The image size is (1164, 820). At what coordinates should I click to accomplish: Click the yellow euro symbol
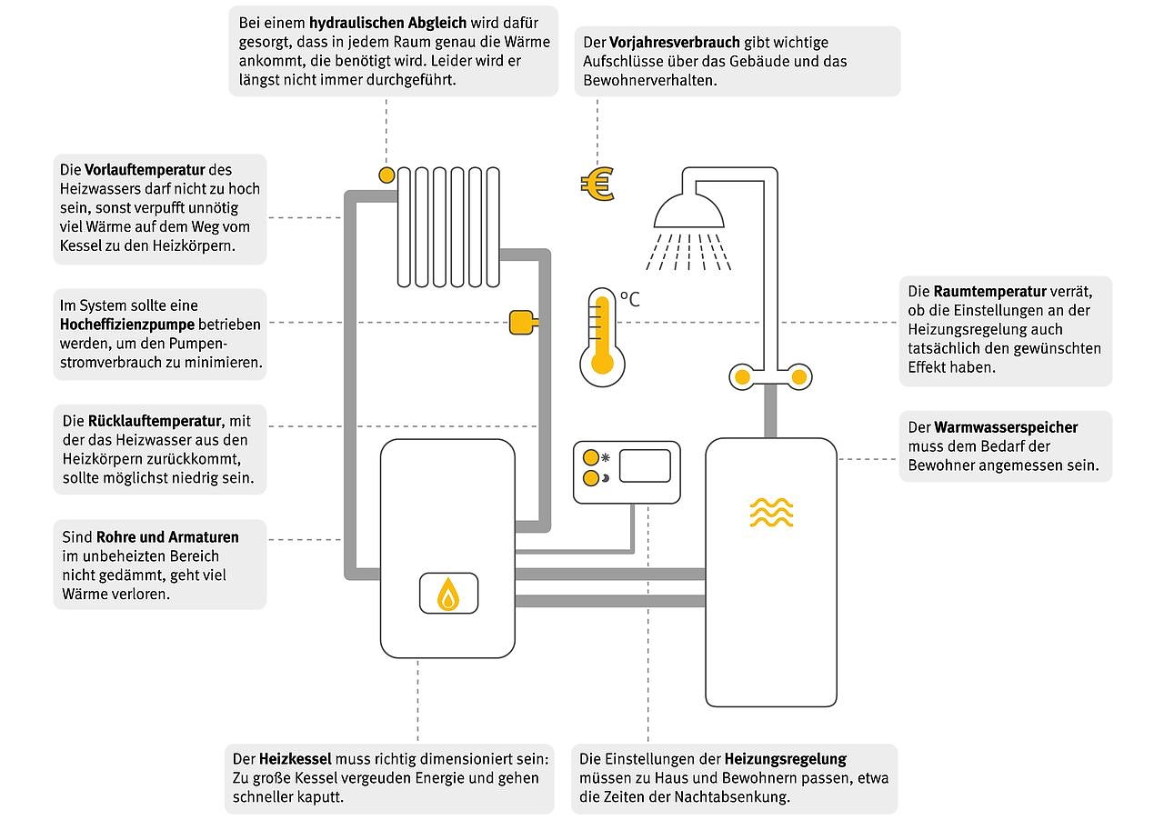pyautogui.click(x=597, y=185)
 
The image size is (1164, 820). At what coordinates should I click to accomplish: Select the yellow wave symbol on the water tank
pyautogui.click(x=771, y=513)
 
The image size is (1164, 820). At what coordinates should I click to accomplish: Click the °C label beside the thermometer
pyautogui.click(x=629, y=298)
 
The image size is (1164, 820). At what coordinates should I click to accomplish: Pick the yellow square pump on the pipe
pyautogui.click(x=521, y=323)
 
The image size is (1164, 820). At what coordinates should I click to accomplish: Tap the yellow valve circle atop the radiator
pyautogui.click(x=386, y=174)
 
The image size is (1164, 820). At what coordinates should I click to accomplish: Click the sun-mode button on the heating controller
pyautogui.click(x=591, y=457)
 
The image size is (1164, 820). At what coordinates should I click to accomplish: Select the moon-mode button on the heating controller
pyautogui.click(x=591, y=478)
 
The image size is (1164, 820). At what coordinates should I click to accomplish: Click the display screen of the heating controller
pyautogui.click(x=645, y=465)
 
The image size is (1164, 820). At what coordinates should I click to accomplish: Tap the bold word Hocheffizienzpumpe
pyautogui.click(x=127, y=324)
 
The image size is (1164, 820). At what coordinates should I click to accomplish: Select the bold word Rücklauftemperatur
pyautogui.click(x=156, y=421)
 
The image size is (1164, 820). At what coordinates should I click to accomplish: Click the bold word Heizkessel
pyautogui.click(x=296, y=759)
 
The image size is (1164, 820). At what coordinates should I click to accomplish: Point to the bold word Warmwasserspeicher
pyautogui.click(x=1006, y=427)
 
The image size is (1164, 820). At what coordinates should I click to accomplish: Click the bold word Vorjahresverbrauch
pyautogui.click(x=674, y=43)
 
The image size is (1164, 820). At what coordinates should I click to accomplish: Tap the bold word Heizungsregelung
pyautogui.click(x=786, y=758)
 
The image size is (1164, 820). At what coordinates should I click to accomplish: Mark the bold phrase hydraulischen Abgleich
pyautogui.click(x=387, y=23)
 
